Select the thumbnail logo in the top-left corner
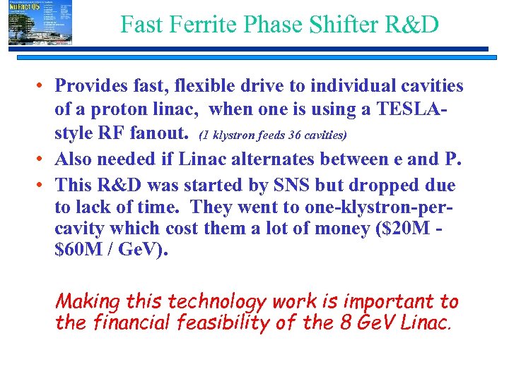40,23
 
